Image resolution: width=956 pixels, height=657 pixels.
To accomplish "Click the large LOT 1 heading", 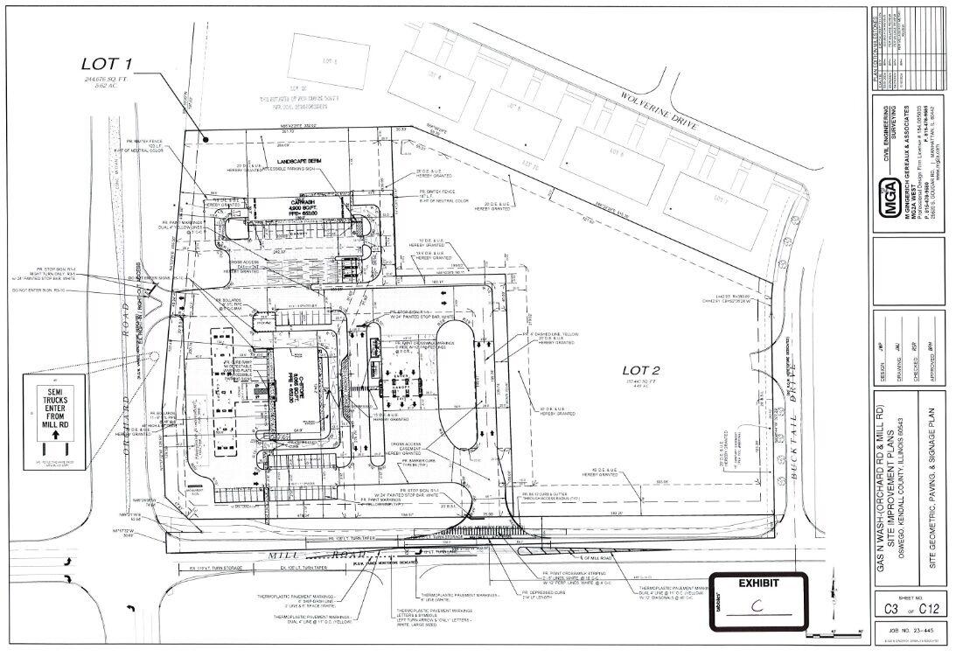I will pyautogui.click(x=107, y=64).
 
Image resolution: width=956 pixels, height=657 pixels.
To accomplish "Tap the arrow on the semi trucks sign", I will pyautogui.click(x=54, y=432).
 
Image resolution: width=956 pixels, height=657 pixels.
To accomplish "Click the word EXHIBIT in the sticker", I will pyautogui.click(x=757, y=582).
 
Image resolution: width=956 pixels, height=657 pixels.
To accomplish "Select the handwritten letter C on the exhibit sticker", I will pyautogui.click(x=757, y=605).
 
